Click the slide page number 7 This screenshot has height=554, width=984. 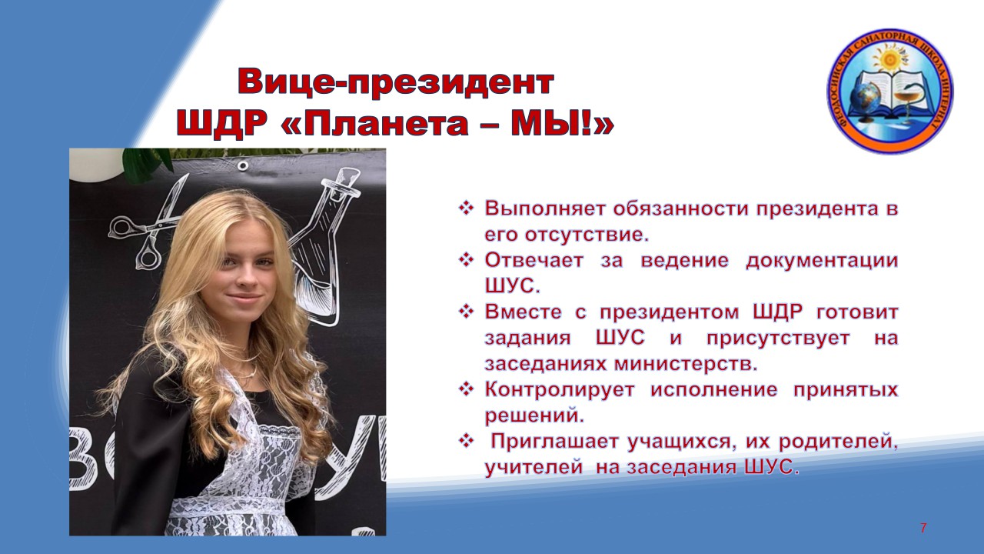tap(923, 528)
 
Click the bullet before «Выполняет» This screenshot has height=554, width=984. tap(466, 208)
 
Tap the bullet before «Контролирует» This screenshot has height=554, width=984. tap(466, 389)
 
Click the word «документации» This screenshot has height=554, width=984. tap(822, 260)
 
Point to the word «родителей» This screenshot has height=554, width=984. tap(838, 442)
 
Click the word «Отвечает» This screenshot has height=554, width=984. tap(534, 260)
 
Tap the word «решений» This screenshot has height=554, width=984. tap(534, 415)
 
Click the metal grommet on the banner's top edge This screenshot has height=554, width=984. tap(242, 165)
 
